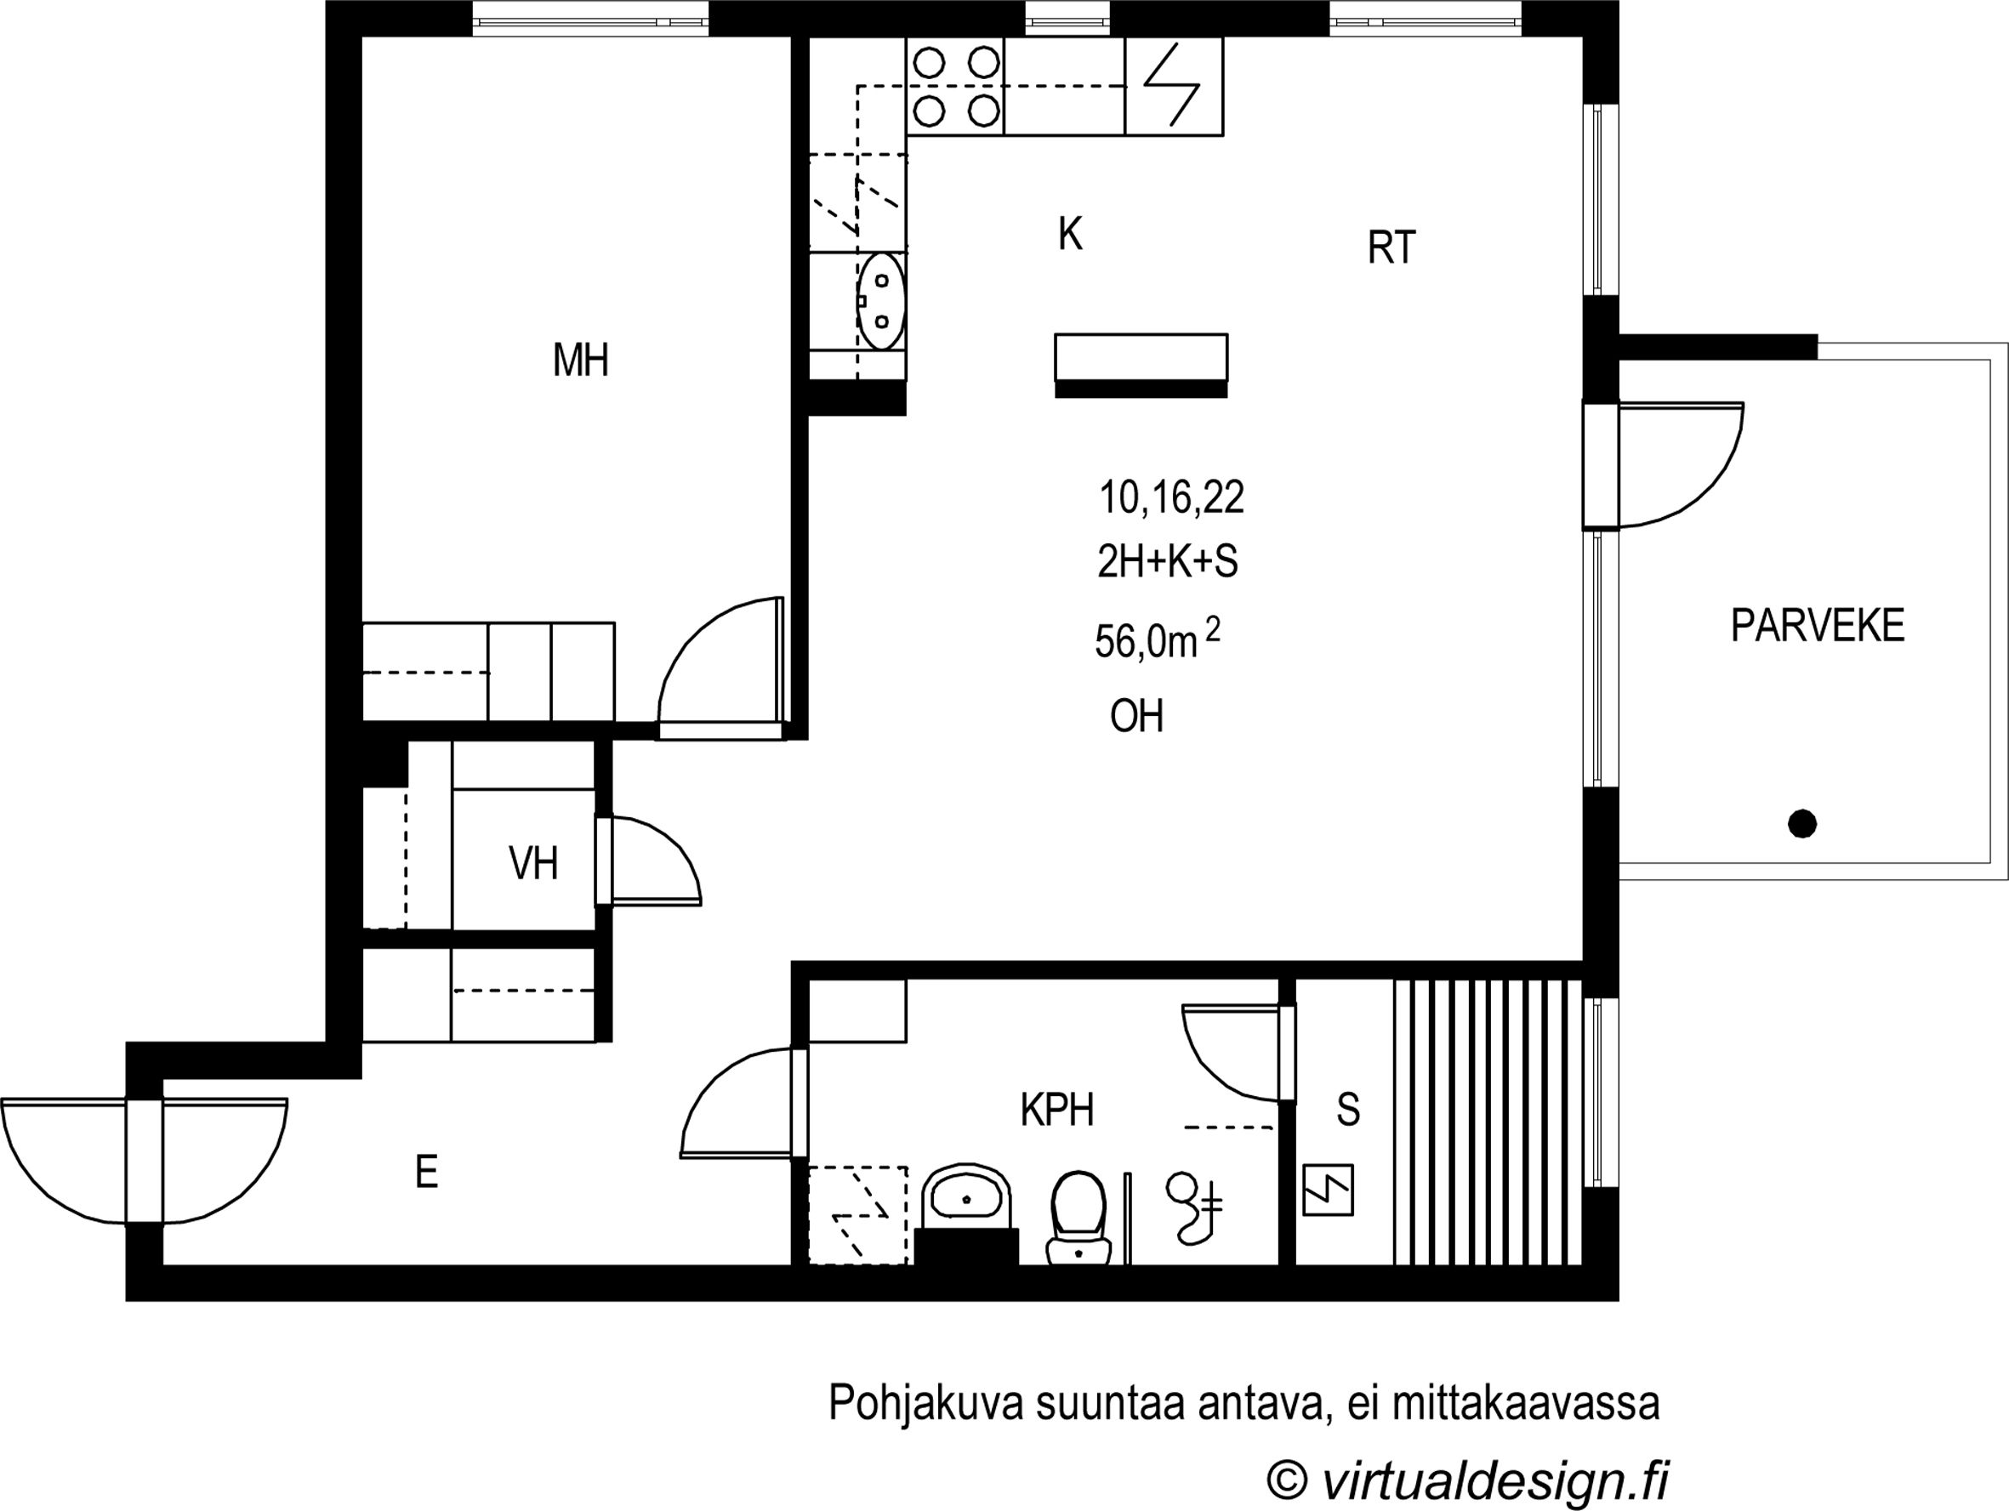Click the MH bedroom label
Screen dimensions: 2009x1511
(580, 361)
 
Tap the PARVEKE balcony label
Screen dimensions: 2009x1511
(1818, 626)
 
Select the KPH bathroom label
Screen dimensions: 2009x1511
(1057, 1110)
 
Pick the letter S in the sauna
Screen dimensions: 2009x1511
(1349, 1110)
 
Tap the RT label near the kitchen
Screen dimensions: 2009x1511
(1392, 248)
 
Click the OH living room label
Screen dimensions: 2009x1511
(1136, 717)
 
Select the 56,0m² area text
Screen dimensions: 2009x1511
(1157, 639)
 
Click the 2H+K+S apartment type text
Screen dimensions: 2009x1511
(1168, 562)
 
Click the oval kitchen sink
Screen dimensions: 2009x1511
(881, 302)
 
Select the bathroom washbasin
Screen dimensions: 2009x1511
(967, 1199)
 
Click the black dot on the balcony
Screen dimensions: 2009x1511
(1802, 824)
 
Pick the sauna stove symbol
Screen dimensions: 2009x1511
(1328, 1190)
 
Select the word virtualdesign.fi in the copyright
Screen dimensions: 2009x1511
(1495, 1480)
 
